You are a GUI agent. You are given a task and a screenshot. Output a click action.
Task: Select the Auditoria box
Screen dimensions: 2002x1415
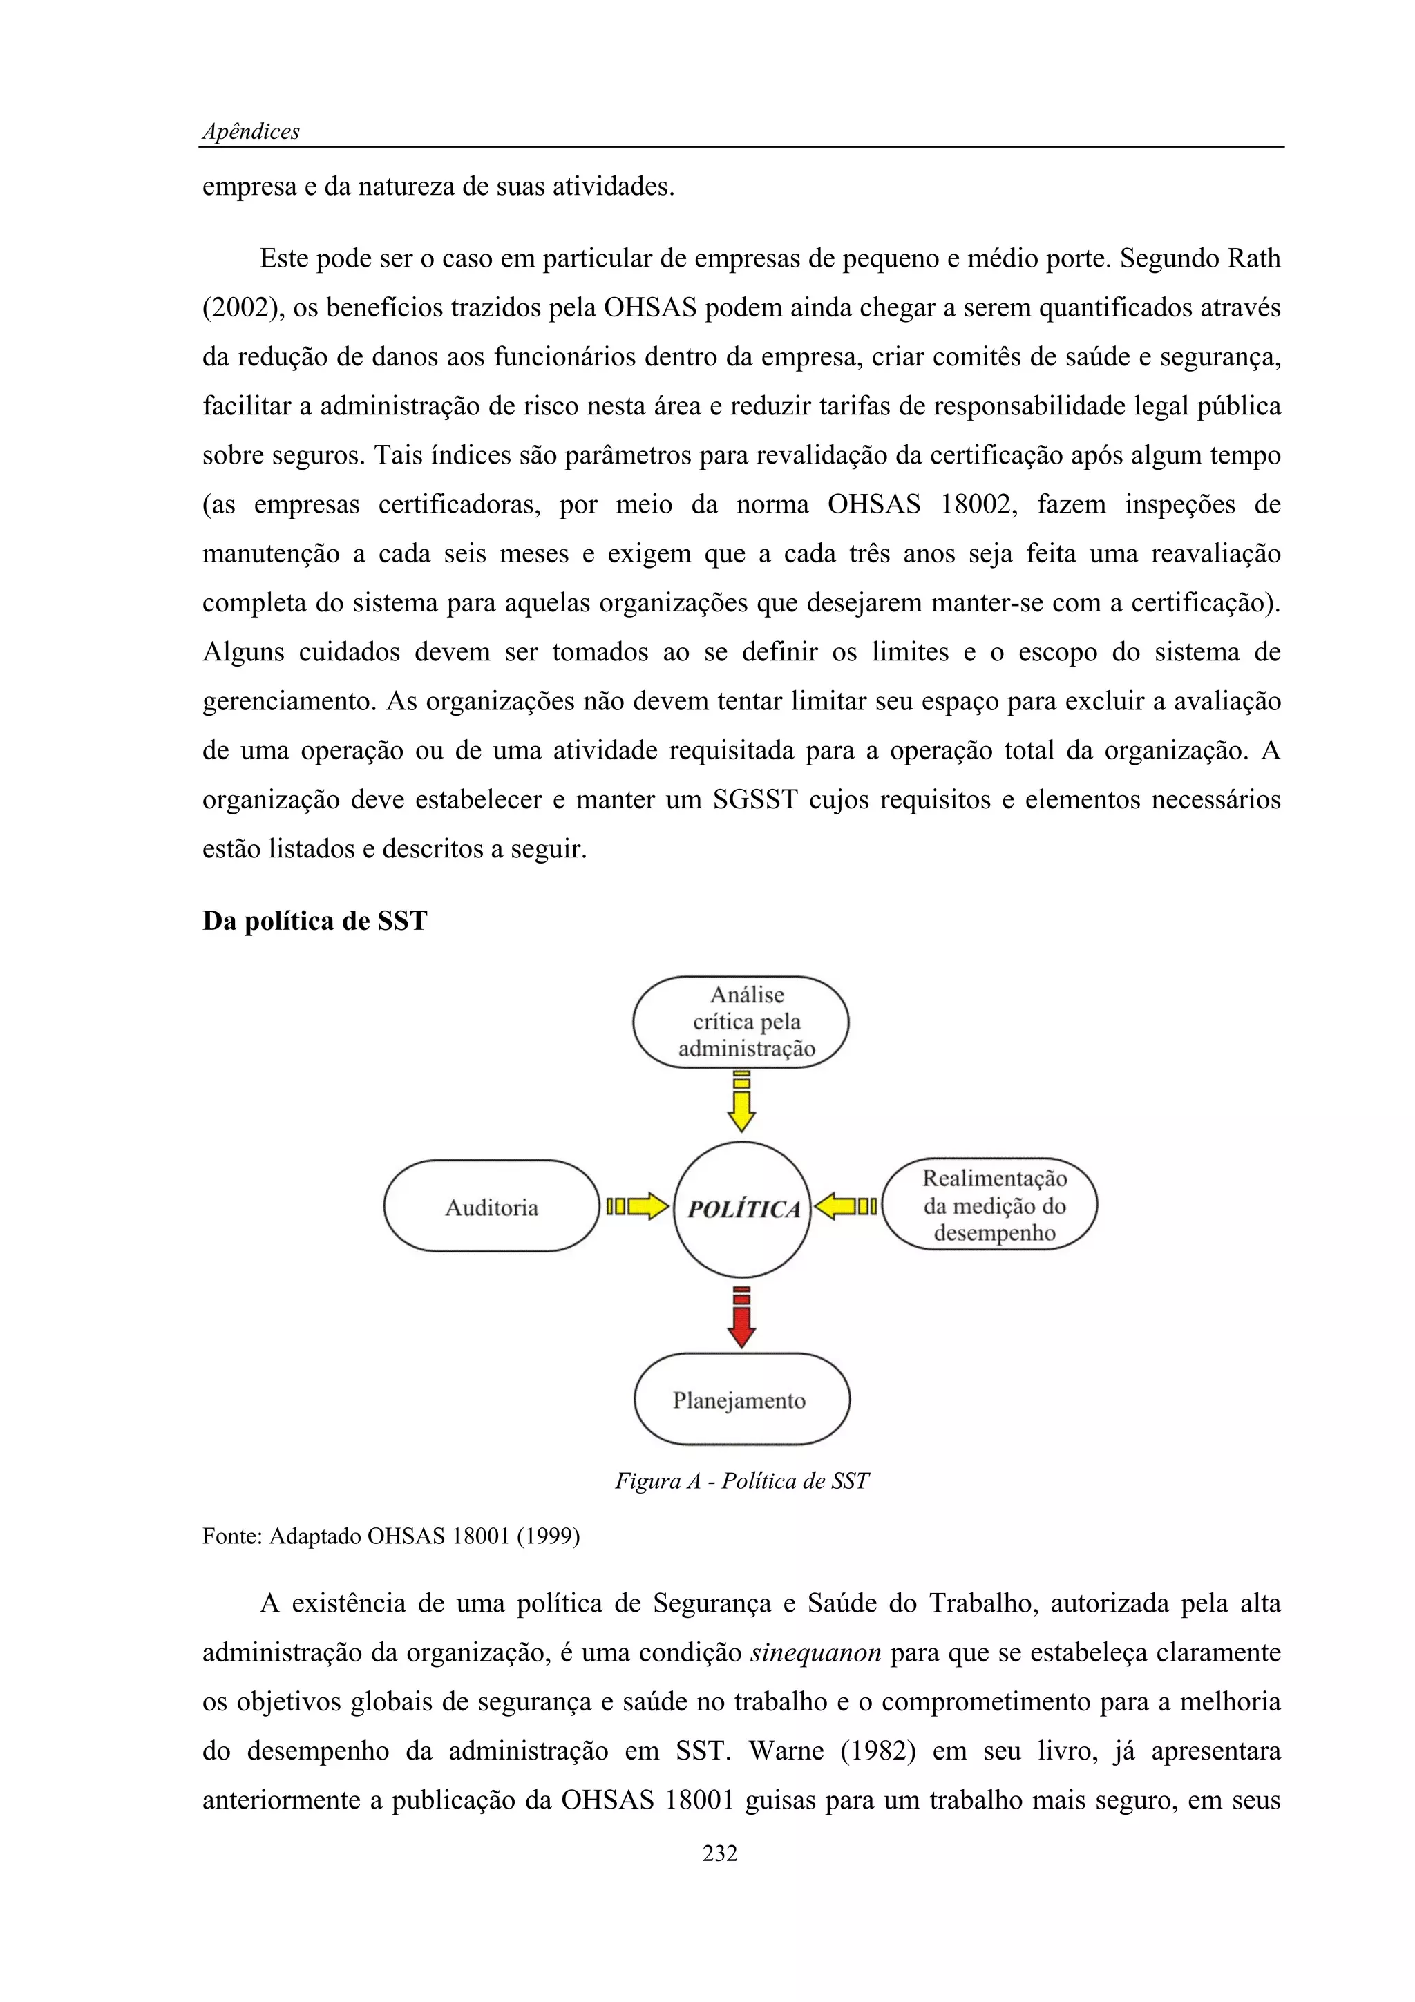point(492,1207)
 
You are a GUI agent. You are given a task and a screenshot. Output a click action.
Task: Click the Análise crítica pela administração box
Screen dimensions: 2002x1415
point(741,1022)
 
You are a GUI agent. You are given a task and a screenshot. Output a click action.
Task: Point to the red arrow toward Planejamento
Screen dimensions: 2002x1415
point(741,1317)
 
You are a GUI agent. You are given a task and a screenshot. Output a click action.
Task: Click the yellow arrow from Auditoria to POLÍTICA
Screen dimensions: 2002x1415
point(637,1207)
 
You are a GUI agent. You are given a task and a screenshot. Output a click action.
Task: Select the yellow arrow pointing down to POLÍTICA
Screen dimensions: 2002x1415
point(741,1104)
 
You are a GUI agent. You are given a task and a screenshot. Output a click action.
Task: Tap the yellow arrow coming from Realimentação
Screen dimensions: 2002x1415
point(846,1207)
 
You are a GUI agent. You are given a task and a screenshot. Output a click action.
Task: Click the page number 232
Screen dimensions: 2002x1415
point(720,1853)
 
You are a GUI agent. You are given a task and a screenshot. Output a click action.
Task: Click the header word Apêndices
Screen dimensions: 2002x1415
point(251,132)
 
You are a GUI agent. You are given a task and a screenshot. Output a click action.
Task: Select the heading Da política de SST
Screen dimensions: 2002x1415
point(315,922)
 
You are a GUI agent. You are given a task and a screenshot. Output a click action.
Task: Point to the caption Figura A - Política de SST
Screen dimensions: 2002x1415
point(742,1480)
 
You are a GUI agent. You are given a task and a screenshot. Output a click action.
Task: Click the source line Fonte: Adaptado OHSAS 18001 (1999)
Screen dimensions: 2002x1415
point(390,1536)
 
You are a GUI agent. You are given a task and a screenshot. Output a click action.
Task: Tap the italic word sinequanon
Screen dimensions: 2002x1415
point(815,1652)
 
